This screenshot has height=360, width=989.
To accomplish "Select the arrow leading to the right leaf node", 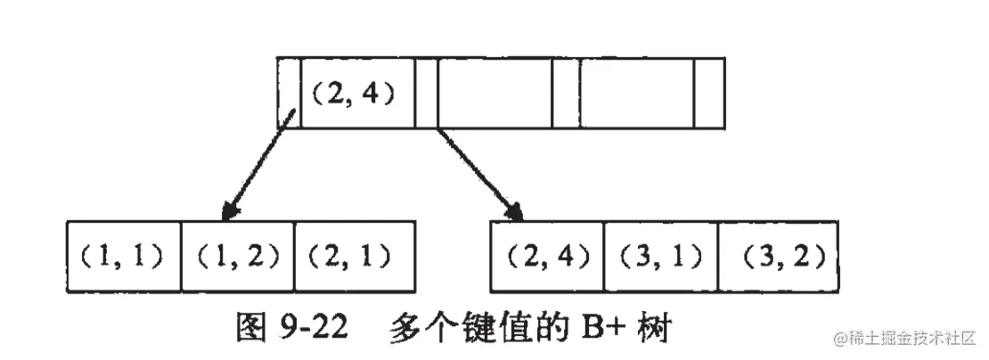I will pos(478,175).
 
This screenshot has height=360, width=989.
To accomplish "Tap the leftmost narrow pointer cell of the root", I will pos(289,93).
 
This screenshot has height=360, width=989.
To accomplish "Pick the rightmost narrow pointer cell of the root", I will pos(709,93).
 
